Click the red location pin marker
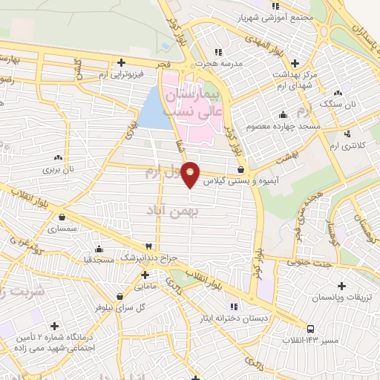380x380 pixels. click(x=191, y=174)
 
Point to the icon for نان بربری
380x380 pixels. click(x=58, y=157)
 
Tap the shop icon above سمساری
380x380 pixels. click(x=61, y=217)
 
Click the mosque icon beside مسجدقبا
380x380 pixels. click(x=98, y=249)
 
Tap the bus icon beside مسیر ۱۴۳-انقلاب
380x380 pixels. click(x=310, y=329)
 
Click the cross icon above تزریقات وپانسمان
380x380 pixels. click(x=341, y=286)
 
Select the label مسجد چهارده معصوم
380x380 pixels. click(x=289, y=126)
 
